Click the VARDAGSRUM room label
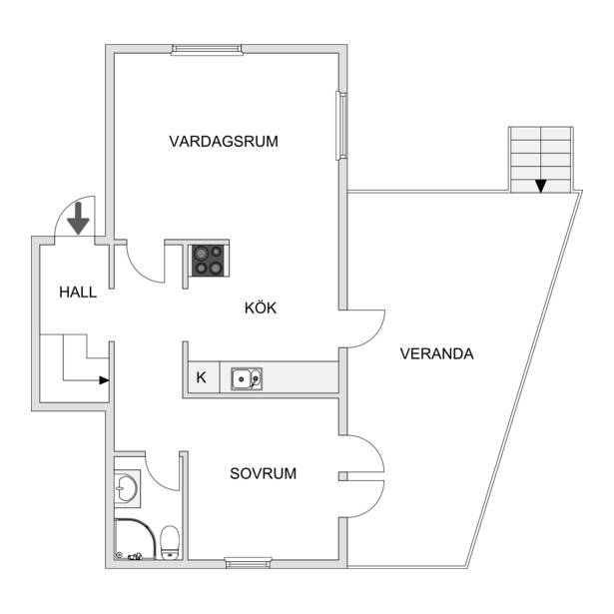pos(224,142)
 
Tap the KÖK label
pos(261,307)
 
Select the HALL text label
pos(78,293)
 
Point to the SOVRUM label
pos(264,474)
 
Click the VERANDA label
pos(436,354)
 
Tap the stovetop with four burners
pos(209,261)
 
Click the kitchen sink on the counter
pos(247,379)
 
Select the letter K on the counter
pos(201,377)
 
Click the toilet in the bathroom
pos(170,542)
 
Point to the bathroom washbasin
pos(127,488)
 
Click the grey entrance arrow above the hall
pos(78,219)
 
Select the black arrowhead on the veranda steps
pos(541,186)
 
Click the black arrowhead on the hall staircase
pos(104,380)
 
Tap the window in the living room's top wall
pos(207,49)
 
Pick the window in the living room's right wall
pos(341,126)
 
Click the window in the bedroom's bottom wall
pos(249,564)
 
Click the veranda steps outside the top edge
pos(541,160)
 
